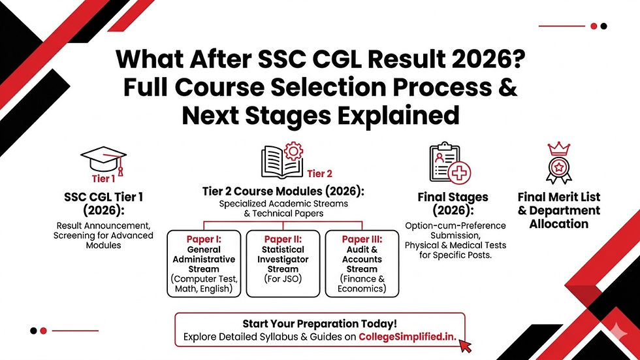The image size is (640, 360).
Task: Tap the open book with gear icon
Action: tap(281, 161)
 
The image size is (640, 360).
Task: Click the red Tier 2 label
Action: tap(320, 173)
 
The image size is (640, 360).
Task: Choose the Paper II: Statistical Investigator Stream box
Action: tap(284, 263)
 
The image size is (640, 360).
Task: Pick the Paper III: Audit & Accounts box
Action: tap(362, 263)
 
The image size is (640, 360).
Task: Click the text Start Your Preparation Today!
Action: tap(319, 323)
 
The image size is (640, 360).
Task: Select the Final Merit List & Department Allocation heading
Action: tap(558, 210)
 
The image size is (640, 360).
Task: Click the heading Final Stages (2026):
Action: tap(453, 204)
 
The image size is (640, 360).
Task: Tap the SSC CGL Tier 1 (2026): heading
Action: tap(104, 204)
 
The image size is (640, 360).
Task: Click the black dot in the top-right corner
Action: tap(603, 26)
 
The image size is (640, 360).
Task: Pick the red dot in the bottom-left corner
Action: tap(43, 331)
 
